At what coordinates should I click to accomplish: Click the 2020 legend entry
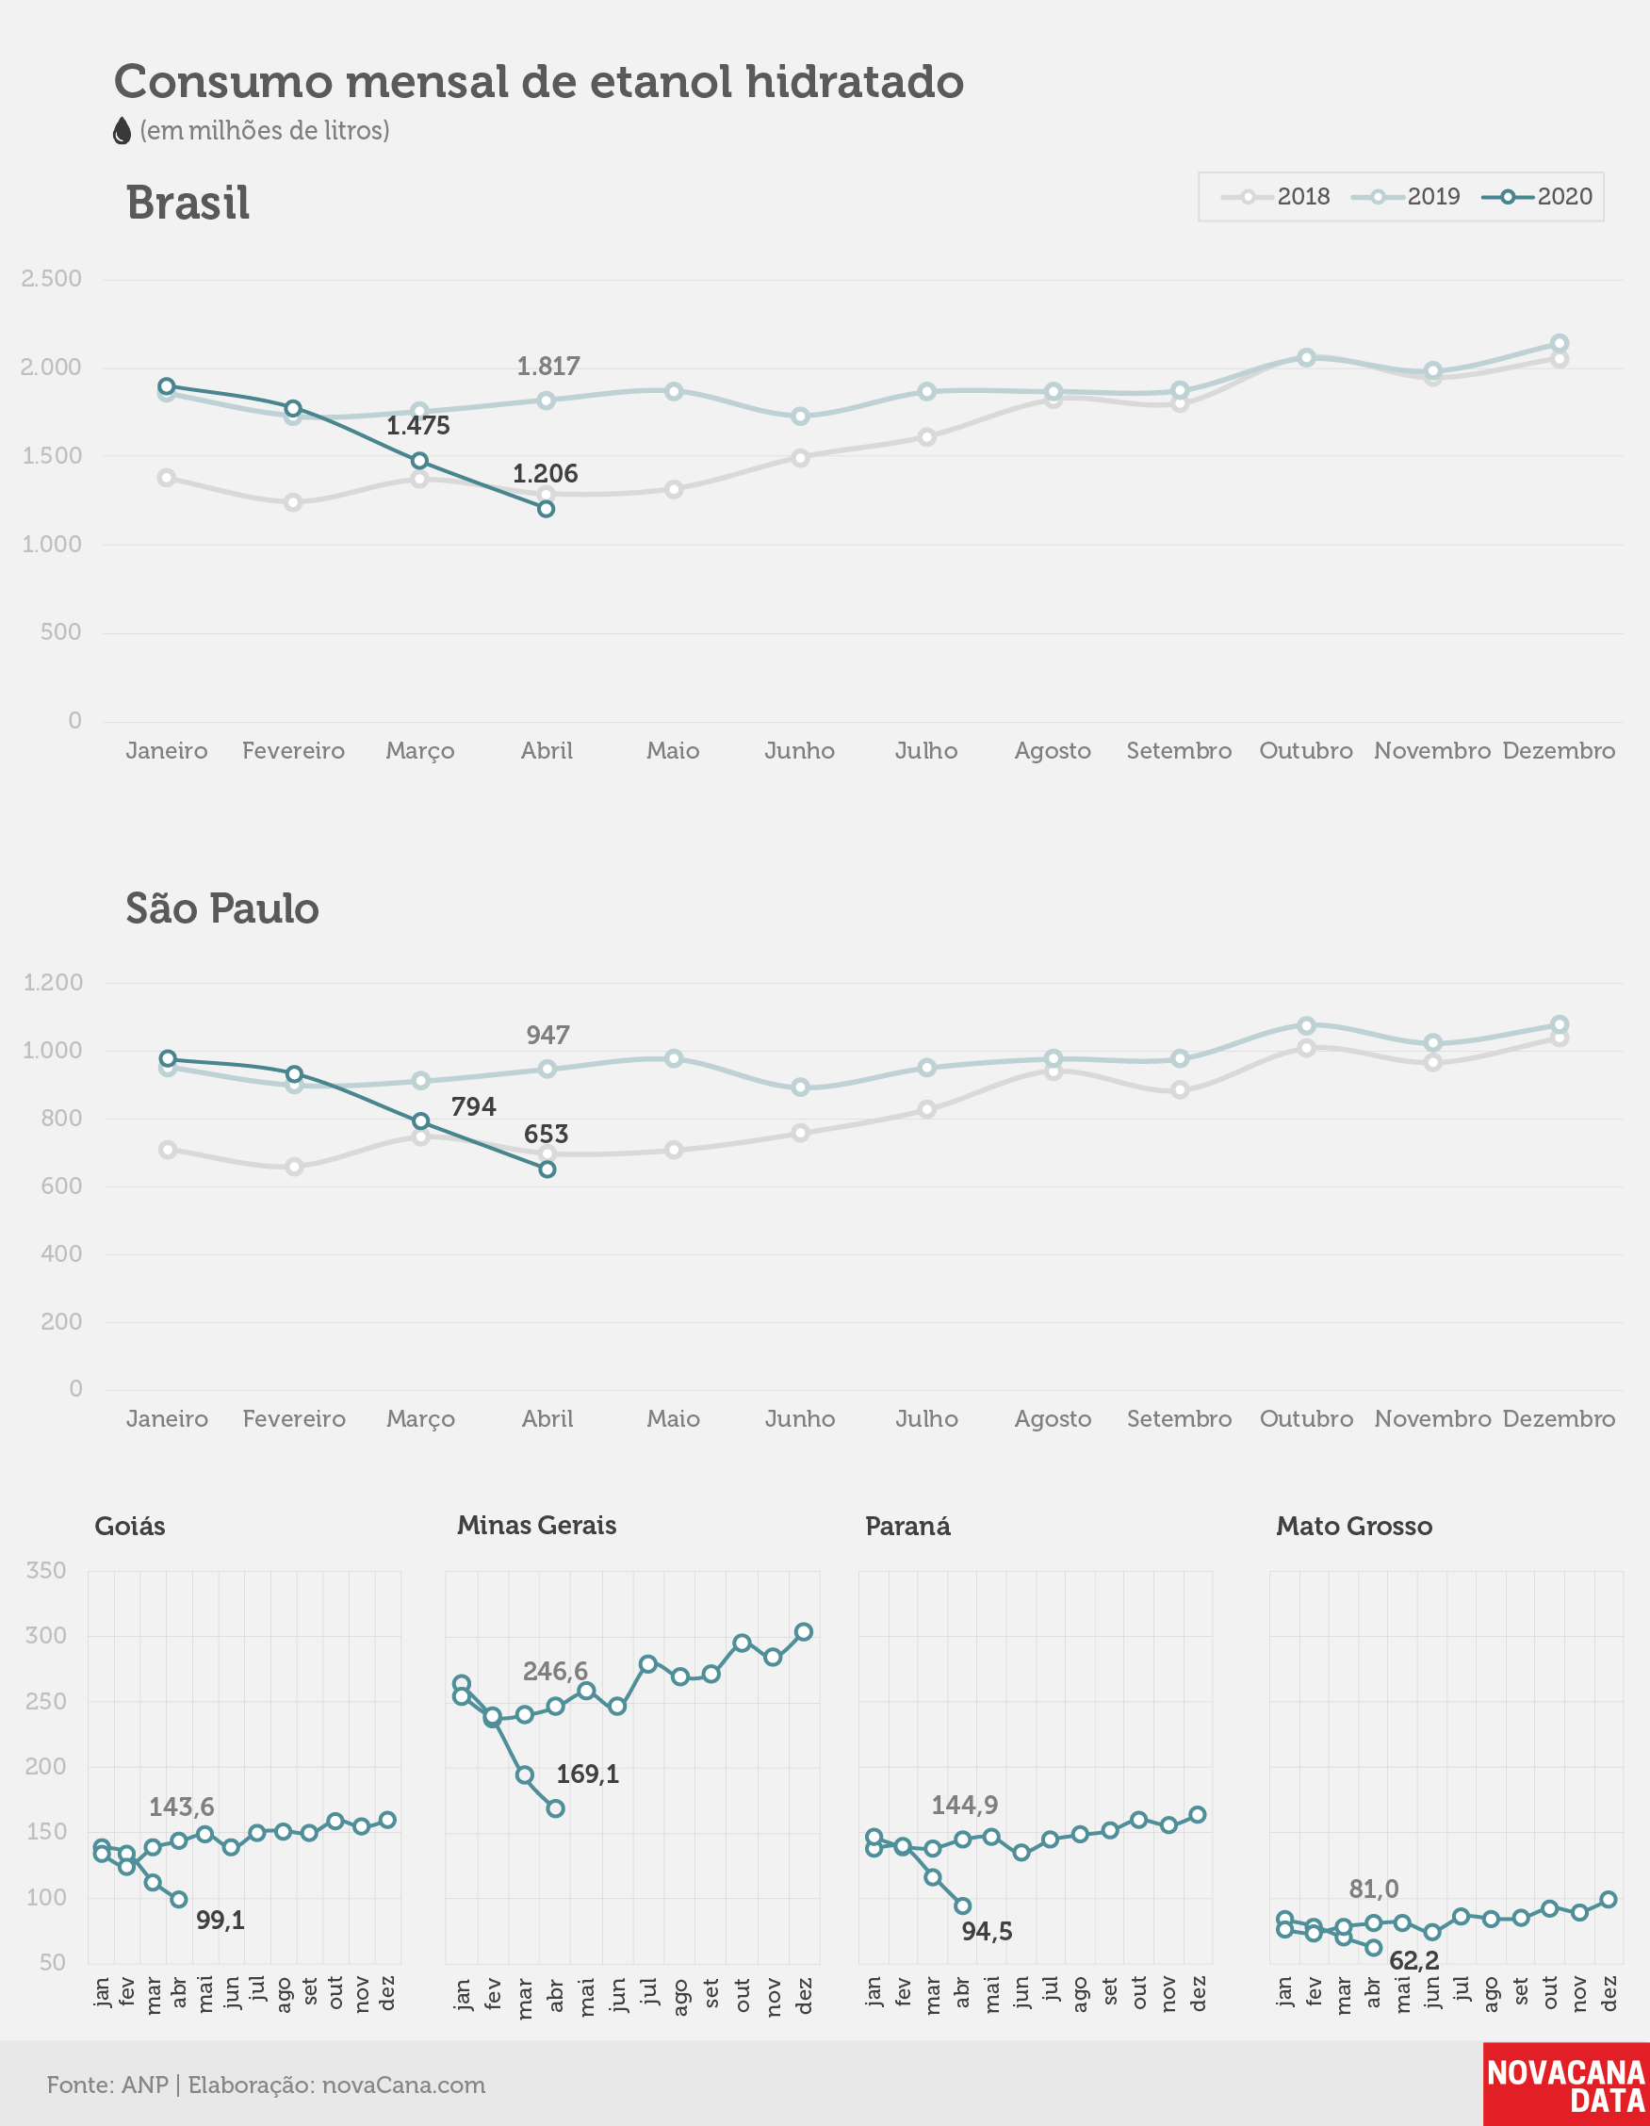1538,197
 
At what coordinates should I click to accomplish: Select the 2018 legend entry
1276,197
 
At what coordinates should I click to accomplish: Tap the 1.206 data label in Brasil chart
546,474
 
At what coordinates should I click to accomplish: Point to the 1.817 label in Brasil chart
548,367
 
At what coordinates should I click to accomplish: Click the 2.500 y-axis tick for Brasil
52,279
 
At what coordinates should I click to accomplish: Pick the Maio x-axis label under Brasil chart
673,750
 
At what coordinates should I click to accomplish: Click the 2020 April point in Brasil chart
547,509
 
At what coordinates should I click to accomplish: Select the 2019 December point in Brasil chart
1559,344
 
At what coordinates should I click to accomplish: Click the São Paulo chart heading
222,908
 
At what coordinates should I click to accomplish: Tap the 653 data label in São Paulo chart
547,1134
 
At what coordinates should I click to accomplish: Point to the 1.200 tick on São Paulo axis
54,982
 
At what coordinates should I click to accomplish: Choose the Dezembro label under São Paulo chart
1559,1419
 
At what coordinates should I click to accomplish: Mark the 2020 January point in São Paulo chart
168,1059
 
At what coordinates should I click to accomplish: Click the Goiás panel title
129,1527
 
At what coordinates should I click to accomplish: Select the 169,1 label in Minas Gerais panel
587,1774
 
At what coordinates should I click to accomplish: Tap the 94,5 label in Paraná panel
988,1931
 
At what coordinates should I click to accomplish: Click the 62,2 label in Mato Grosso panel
1413,1960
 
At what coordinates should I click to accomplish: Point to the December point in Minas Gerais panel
803,1632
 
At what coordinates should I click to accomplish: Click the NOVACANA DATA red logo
1566,2085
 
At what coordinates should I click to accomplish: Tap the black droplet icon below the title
122,130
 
